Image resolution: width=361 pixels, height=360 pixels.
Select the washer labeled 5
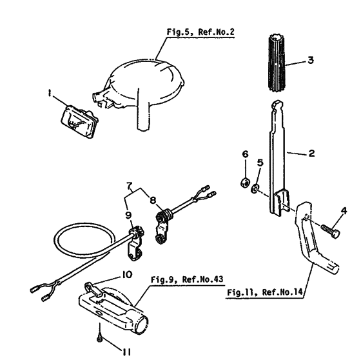pos(257,188)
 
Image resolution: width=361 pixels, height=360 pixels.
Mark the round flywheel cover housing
pos(143,83)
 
